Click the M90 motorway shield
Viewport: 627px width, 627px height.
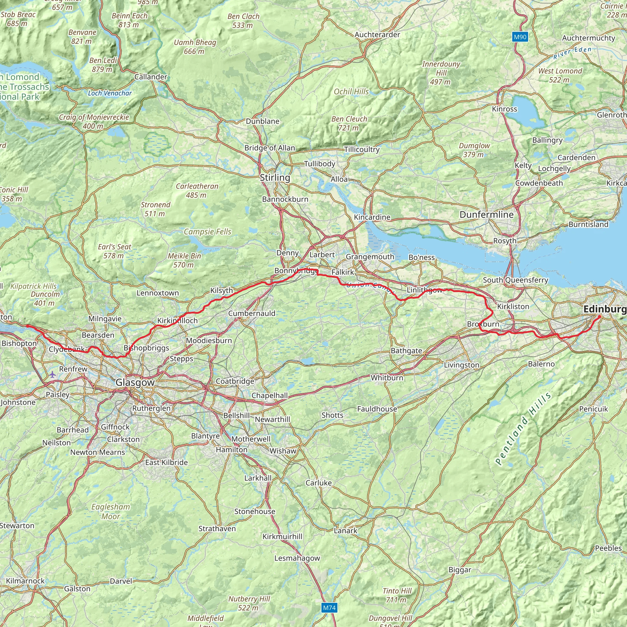(520, 37)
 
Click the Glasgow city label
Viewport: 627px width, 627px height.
(135, 382)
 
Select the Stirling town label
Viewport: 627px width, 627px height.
(275, 178)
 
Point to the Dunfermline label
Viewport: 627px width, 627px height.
(486, 215)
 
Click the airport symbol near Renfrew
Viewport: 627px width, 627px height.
(53, 375)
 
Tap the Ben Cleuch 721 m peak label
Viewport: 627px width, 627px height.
(349, 123)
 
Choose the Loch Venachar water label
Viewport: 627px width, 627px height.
(110, 93)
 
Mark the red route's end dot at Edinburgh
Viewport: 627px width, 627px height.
(599, 317)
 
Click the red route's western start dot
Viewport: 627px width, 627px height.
(28, 326)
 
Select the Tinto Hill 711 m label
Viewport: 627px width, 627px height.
(397, 595)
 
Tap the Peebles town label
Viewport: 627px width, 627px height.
(608, 548)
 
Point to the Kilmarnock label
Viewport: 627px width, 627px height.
(25, 580)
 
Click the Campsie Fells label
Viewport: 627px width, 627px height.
(207, 232)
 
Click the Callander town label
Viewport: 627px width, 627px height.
(151, 77)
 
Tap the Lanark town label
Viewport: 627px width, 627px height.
(345, 531)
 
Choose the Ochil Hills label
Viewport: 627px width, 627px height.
(351, 92)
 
